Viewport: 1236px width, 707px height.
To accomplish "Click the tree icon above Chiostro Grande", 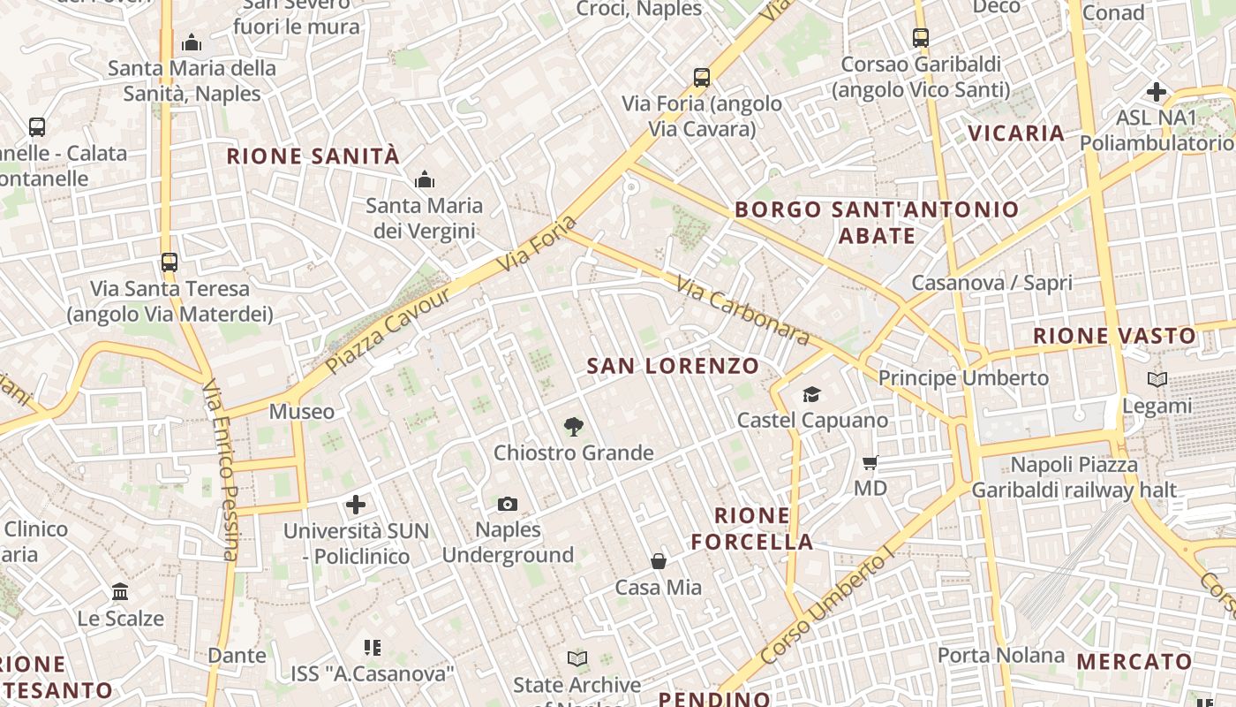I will [x=573, y=428].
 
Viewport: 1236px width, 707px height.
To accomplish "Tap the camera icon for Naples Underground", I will [x=508, y=504].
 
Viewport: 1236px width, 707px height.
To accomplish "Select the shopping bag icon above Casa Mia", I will [x=659, y=561].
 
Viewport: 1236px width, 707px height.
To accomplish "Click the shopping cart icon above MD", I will [x=870, y=462].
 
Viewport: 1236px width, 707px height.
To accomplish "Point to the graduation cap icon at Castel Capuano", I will [x=811, y=394].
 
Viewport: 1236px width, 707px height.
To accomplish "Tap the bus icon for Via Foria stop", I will [x=702, y=78].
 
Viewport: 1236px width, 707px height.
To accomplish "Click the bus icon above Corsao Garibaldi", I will [x=921, y=38].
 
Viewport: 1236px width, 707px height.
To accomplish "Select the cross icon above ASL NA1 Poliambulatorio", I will [x=1157, y=92].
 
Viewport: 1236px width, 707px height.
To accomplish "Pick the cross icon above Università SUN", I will [x=356, y=505].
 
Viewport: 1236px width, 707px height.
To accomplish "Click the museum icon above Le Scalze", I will [x=120, y=591].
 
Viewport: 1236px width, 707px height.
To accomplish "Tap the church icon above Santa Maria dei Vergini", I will [x=425, y=180].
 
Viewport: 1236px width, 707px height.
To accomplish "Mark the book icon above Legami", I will [x=1157, y=380].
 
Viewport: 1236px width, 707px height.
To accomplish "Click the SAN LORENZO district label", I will [x=673, y=366].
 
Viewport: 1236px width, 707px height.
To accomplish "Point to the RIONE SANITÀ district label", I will [x=313, y=156].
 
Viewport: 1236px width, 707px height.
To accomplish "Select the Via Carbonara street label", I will [x=742, y=310].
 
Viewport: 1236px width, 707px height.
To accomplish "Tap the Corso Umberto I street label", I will [x=826, y=608].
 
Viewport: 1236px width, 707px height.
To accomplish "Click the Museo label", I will [x=302, y=411].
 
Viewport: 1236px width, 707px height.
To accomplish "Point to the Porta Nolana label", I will [x=1001, y=655].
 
